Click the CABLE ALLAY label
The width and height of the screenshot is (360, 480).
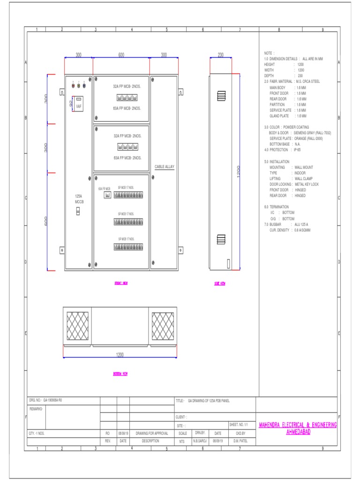pyautogui.click(x=164, y=167)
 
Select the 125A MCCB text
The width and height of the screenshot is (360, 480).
pyautogui.click(x=79, y=199)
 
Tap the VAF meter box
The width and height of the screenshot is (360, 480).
pyautogui.click(x=79, y=103)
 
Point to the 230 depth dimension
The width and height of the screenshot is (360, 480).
pyautogui.click(x=220, y=55)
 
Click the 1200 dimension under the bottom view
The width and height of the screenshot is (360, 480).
pyautogui.click(x=120, y=355)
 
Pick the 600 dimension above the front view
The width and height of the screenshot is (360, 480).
pyautogui.click(x=121, y=55)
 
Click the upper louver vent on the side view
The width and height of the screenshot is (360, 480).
pyautogui.click(x=221, y=96)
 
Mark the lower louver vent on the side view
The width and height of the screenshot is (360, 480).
pyautogui.click(x=221, y=239)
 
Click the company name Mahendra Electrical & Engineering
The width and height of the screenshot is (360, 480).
pyautogui.click(x=298, y=425)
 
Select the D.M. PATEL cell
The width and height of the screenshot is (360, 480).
pyautogui.click(x=240, y=441)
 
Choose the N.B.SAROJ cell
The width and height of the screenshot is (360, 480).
pyautogui.click(x=201, y=441)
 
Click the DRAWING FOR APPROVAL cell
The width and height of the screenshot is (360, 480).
pyautogui.click(x=151, y=434)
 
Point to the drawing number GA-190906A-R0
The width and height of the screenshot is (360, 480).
pyautogui.click(x=52, y=401)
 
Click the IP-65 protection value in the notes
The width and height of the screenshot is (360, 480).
pyautogui.click(x=296, y=150)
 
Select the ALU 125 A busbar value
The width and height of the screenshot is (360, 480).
pyautogui.click(x=302, y=225)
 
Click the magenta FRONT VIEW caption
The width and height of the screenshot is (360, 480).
pyautogui.click(x=121, y=283)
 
